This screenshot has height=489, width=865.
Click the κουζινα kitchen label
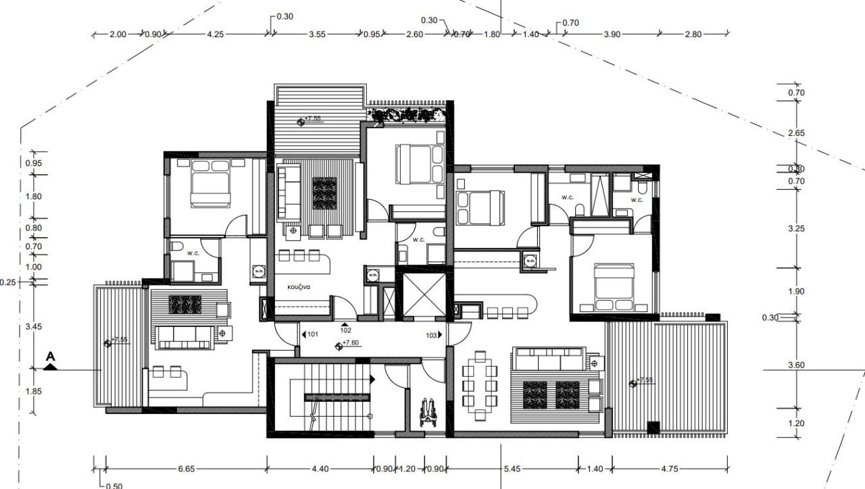pos(298,287)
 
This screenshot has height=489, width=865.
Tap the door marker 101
pos(313,334)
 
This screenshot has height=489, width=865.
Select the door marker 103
pos(431,334)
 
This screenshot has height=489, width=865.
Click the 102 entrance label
pos(345,330)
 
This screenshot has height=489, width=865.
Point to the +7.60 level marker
pos(351,343)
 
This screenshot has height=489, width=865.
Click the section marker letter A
pos(51,355)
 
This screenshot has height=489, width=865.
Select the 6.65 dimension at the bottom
pos(187,469)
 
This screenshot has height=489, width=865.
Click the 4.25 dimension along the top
pos(215,34)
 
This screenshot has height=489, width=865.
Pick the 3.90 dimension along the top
pos(612,34)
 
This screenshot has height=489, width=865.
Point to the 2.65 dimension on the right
pos(796,134)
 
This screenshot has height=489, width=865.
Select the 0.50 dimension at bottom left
pos(114,486)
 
